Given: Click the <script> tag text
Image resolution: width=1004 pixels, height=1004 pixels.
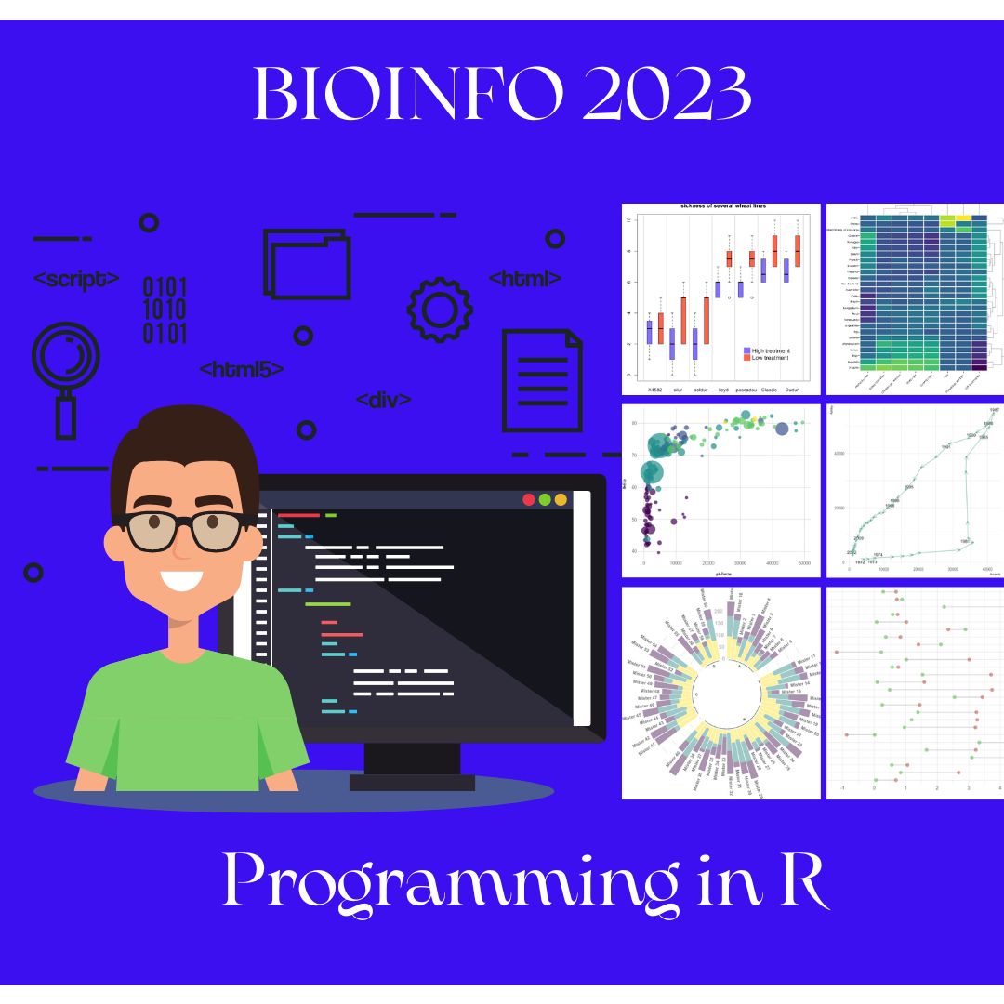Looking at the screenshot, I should pos(76,278).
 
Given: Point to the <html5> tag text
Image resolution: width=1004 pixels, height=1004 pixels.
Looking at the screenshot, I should pos(242,370).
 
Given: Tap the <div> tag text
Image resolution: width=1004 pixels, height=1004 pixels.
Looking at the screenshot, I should pos(384,401).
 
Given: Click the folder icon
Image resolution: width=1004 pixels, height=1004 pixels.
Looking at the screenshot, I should pos(307,263).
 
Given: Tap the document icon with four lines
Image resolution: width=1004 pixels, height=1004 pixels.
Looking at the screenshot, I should pos(542,380).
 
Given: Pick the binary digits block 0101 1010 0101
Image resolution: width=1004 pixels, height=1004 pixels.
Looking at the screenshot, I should pos(165,310).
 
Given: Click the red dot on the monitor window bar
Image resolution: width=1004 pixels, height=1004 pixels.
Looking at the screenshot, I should pos(529,500).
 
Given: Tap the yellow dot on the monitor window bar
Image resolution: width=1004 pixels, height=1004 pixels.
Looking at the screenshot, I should pos(561,500).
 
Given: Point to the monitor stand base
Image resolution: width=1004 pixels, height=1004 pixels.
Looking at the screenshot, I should pos(412,782).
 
